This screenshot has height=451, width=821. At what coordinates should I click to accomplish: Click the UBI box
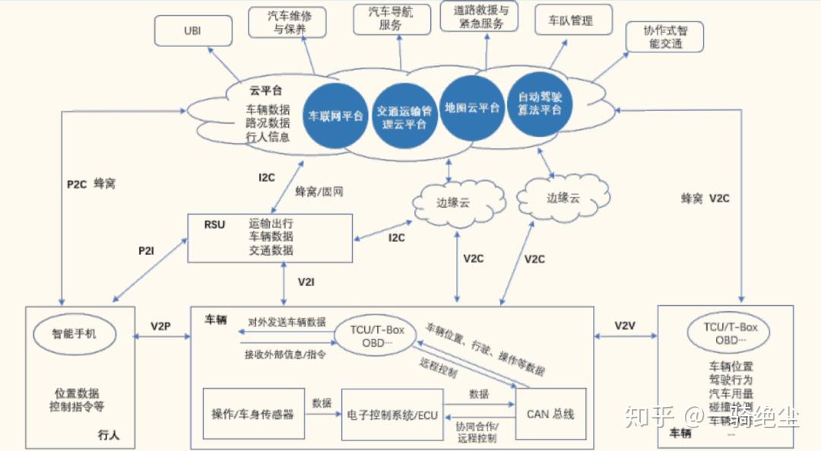pos(192,30)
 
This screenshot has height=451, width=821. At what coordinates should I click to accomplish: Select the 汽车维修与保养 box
pos(288,21)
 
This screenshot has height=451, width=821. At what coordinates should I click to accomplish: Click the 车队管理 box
pos(574,21)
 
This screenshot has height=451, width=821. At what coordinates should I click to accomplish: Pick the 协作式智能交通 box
pos(663,37)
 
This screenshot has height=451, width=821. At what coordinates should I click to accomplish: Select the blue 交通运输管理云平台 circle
pos(405,117)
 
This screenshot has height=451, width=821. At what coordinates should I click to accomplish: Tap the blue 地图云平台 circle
pos(472,107)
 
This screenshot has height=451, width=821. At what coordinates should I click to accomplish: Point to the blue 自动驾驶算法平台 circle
pos(540,104)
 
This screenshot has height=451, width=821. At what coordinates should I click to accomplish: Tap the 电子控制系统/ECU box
pos(392,414)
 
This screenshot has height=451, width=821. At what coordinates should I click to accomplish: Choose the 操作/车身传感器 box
pos(253,414)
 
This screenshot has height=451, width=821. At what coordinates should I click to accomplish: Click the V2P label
pos(160,326)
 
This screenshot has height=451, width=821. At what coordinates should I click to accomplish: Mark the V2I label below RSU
pos(306,282)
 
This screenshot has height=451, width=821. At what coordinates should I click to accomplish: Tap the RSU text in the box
pos(215,225)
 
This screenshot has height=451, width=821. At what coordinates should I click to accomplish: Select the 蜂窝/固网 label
pos(319,192)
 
